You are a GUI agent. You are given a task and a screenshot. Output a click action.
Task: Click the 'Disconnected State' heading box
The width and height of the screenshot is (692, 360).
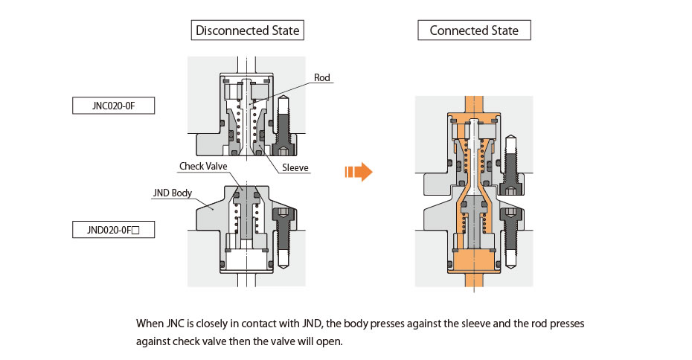click(x=248, y=30)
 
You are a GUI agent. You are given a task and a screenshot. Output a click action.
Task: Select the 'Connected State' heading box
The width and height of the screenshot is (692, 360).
click(x=474, y=30)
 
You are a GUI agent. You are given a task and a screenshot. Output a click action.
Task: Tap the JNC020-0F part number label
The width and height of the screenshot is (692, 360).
click(x=114, y=106)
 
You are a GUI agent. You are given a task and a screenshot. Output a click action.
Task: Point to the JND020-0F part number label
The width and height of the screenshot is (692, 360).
click(x=114, y=230)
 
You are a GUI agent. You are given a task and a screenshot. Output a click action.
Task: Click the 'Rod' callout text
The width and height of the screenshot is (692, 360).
click(x=322, y=77)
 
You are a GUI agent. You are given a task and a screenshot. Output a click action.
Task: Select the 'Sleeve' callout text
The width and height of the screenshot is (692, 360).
click(x=295, y=168)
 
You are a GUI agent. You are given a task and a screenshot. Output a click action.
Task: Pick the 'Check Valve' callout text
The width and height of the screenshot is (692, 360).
click(x=203, y=166)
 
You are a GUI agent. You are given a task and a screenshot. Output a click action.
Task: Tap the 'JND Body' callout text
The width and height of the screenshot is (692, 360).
click(x=173, y=193)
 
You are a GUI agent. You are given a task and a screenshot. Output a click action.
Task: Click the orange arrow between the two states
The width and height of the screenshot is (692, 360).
click(x=358, y=173)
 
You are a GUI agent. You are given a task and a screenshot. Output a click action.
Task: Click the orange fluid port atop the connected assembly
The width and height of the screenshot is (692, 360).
click(x=474, y=104)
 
